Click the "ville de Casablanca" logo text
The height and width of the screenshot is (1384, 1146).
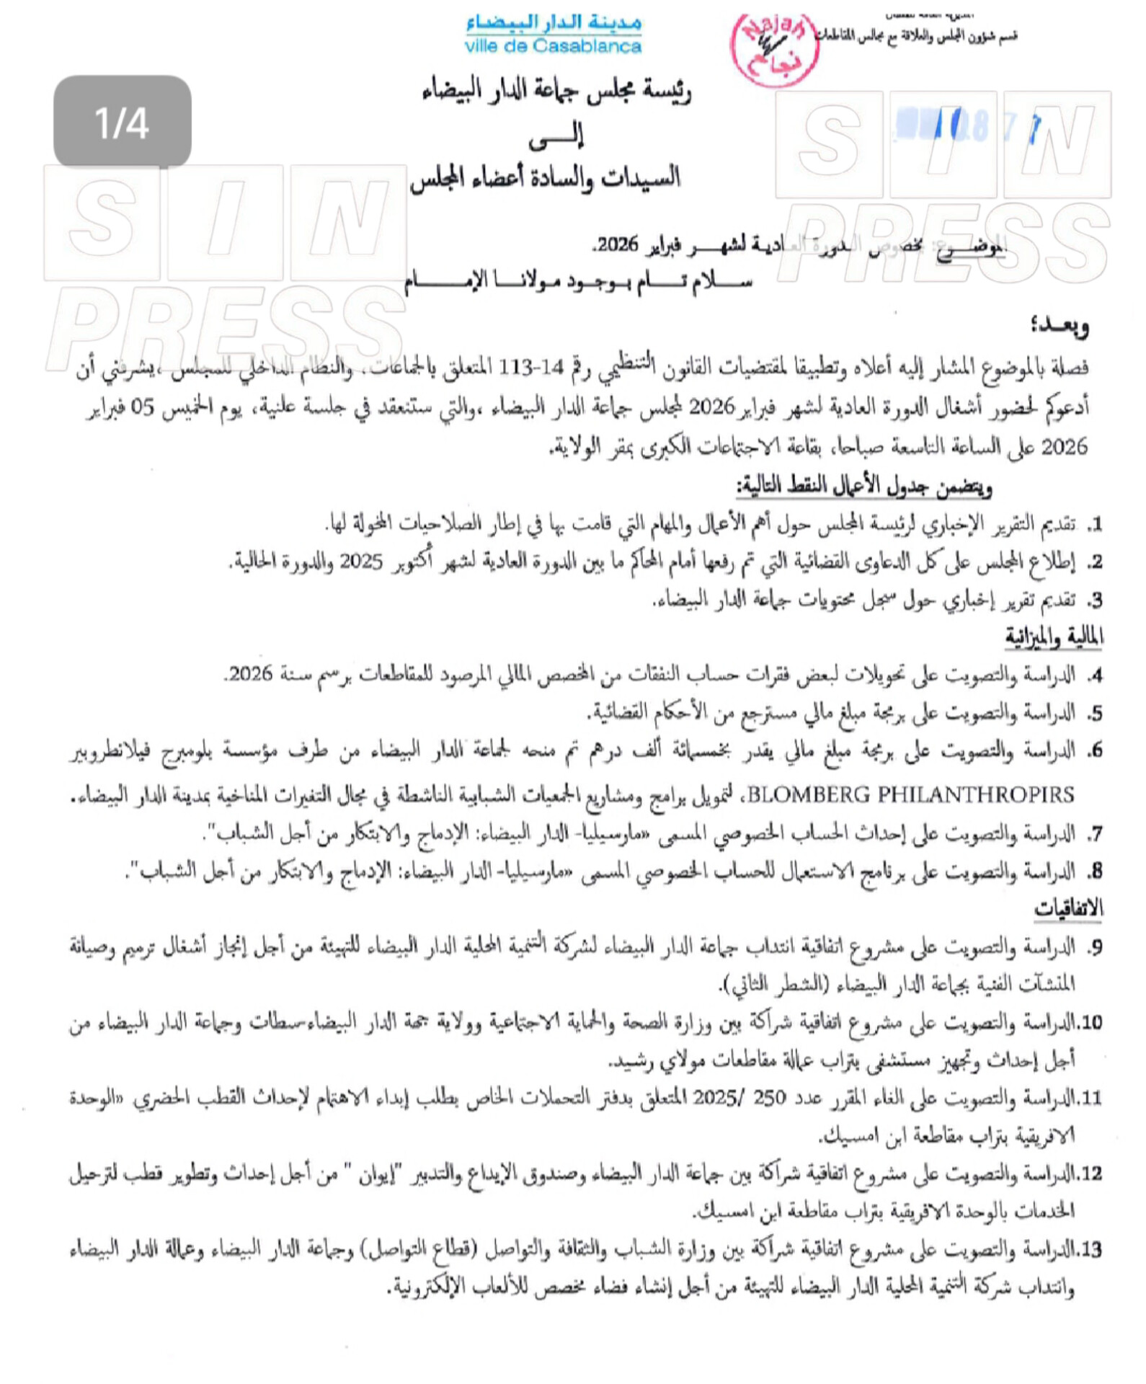553,47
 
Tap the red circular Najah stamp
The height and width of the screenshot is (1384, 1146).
775,49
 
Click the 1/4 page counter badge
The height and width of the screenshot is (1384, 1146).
123,123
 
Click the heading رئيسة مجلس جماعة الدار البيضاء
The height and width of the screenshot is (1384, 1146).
556,92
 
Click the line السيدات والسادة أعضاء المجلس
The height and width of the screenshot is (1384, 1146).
546,178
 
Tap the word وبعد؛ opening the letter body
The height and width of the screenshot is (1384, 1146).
1059,327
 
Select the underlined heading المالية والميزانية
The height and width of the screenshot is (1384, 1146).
1054,636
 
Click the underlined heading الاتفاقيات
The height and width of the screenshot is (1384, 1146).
1068,908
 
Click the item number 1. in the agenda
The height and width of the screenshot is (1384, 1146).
1095,525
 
